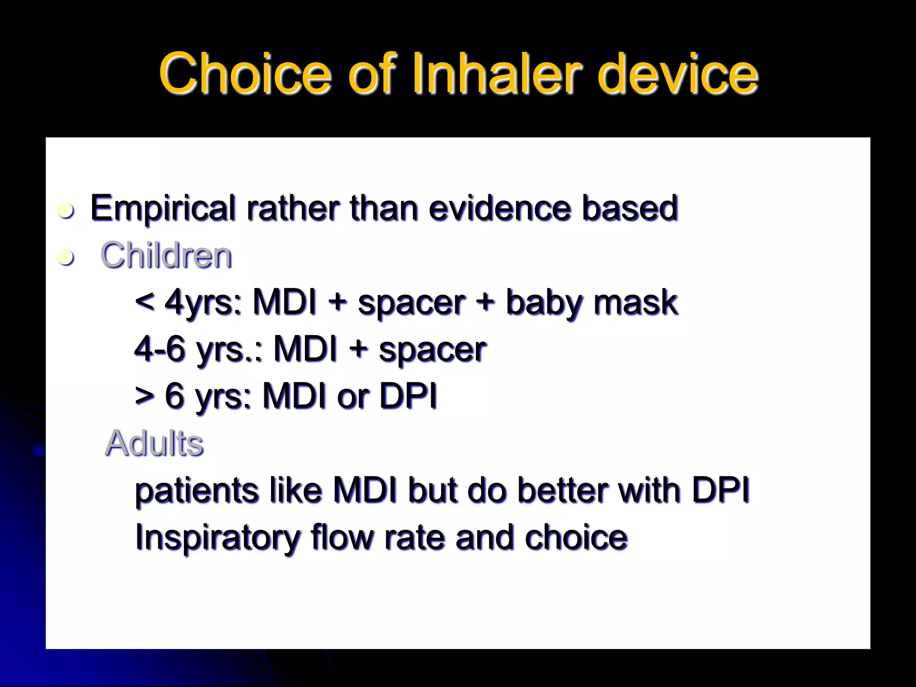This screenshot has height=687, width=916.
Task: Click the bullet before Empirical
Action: [66, 210]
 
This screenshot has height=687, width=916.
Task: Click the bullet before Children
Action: [66, 257]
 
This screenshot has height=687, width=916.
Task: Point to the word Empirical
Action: [163, 208]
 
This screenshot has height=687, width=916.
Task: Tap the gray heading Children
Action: [166, 255]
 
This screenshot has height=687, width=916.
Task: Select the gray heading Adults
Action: [154, 444]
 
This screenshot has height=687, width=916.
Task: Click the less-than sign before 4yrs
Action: [145, 302]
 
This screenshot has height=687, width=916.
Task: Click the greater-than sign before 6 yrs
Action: [145, 396]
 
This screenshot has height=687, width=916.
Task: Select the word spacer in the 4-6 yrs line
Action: [432, 350]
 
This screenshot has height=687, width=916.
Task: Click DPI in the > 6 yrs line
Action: [407, 396]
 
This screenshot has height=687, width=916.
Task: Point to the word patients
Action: [197, 491]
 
